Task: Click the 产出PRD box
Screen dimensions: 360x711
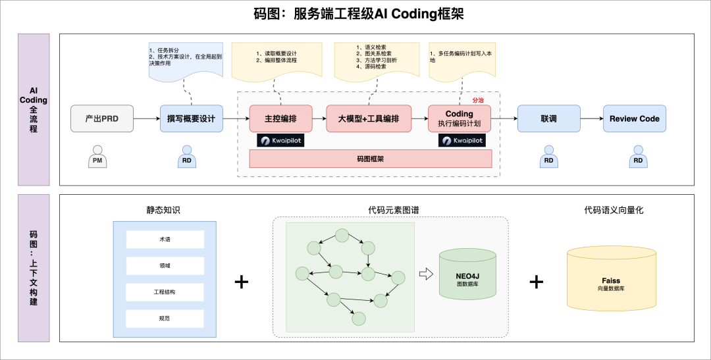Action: point(102,118)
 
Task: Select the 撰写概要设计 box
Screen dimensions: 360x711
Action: point(191,118)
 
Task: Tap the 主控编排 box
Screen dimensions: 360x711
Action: point(280,118)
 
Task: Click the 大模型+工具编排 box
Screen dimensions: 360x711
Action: point(369,118)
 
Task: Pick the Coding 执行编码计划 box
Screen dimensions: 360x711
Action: point(460,118)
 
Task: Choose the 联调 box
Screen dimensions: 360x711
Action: point(548,118)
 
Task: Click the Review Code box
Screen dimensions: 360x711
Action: point(634,118)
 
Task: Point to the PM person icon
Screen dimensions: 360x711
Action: point(97,156)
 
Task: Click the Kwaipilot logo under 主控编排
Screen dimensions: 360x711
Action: point(280,140)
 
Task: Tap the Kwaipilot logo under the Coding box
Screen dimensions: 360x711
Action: point(461,140)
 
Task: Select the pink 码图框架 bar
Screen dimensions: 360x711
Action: point(370,159)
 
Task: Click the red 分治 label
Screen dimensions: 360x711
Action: point(478,101)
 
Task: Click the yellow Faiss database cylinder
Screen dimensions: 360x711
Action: point(611,279)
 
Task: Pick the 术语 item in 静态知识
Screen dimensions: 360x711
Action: point(165,240)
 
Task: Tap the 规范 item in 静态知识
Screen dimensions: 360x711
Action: point(165,319)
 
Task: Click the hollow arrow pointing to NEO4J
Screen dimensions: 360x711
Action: point(427,274)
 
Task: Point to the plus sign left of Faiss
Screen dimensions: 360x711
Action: point(537,282)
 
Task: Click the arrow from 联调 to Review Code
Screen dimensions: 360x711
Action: point(591,118)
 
